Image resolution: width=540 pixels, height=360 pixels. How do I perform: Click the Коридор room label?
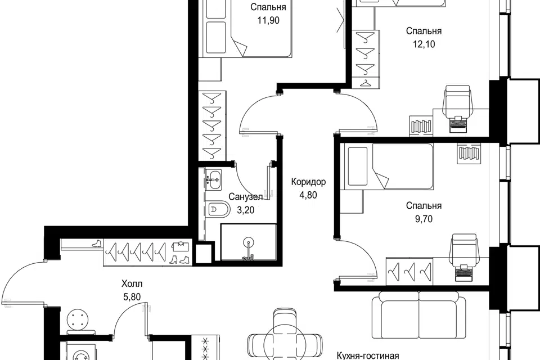click(308, 182)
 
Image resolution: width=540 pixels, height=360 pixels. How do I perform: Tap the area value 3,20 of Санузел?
click(246, 210)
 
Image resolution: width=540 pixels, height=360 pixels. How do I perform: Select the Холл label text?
click(132, 284)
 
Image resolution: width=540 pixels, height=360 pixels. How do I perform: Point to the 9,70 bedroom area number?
click(424, 219)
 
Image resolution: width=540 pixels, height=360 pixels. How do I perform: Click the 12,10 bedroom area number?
click(424, 44)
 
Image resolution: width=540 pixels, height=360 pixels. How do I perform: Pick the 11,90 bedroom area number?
click(268, 20)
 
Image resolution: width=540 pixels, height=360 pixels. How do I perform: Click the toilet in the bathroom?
click(219, 209)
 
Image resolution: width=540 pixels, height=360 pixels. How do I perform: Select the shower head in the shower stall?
click(248, 241)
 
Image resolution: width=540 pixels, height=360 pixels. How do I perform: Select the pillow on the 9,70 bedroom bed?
click(358, 166)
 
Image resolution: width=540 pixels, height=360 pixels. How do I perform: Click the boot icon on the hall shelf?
click(97, 243)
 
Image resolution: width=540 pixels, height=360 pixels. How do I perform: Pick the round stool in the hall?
click(81, 319)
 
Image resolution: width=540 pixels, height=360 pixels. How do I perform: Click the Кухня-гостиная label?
click(367, 355)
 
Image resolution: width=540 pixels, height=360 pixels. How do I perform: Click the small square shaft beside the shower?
click(203, 253)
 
